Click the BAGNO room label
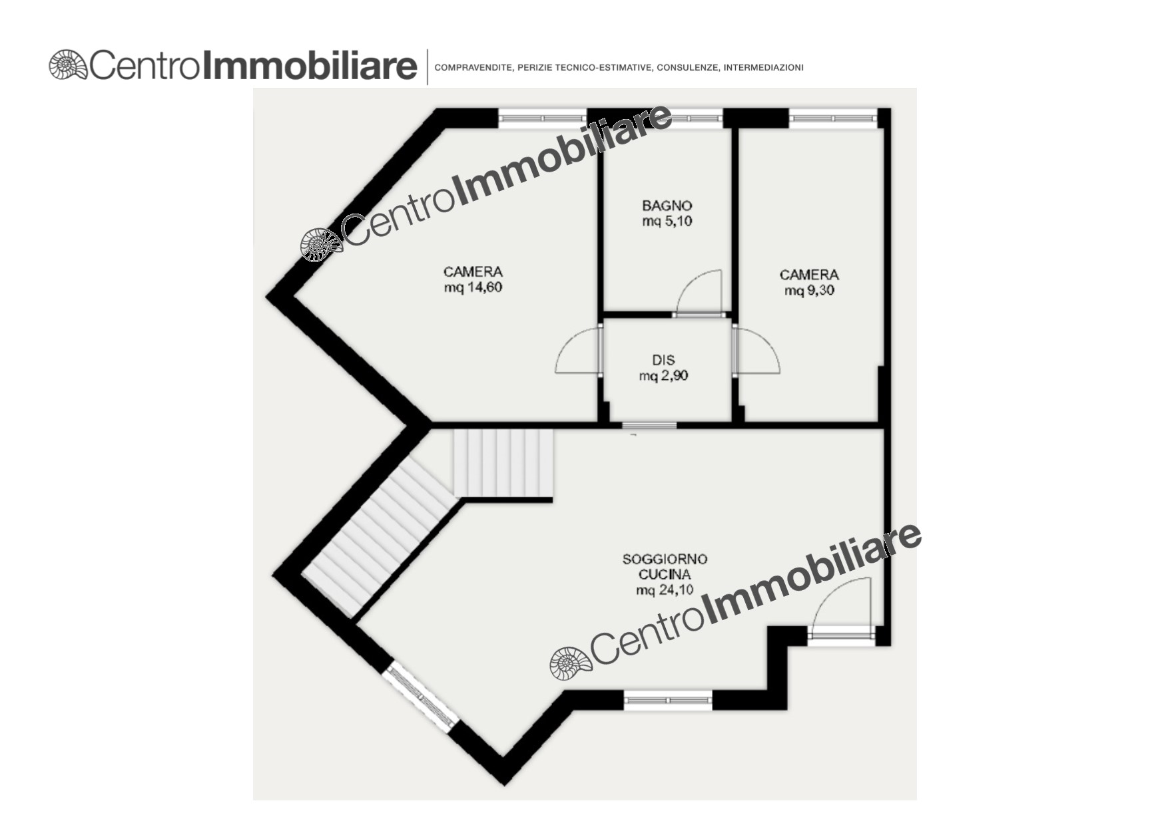pyautogui.click(x=667, y=206)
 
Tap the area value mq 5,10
pyautogui.click(x=667, y=222)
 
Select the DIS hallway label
pyautogui.click(x=663, y=360)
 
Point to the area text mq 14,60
pyautogui.click(x=473, y=287)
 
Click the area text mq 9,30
pyautogui.click(x=809, y=291)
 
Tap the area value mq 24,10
pyautogui.click(x=665, y=590)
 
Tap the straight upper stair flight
pyautogui.click(x=503, y=463)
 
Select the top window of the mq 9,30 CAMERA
pyautogui.click(x=833, y=118)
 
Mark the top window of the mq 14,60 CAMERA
pyautogui.click(x=543, y=118)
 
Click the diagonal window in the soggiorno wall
pyautogui.click(x=420, y=697)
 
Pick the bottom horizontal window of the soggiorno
pyautogui.click(x=668, y=700)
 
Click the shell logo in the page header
pyautogui.click(x=68, y=65)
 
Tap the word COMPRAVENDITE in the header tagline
pyautogui.click(x=473, y=68)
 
